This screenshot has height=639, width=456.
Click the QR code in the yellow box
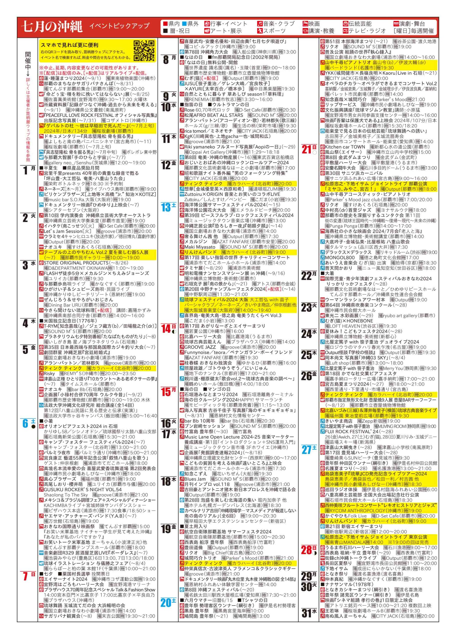point(144,51)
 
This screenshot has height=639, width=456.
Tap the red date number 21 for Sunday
point(306,149)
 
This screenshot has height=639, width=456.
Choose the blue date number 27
point(306,450)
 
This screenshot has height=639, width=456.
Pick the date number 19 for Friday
point(166,529)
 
